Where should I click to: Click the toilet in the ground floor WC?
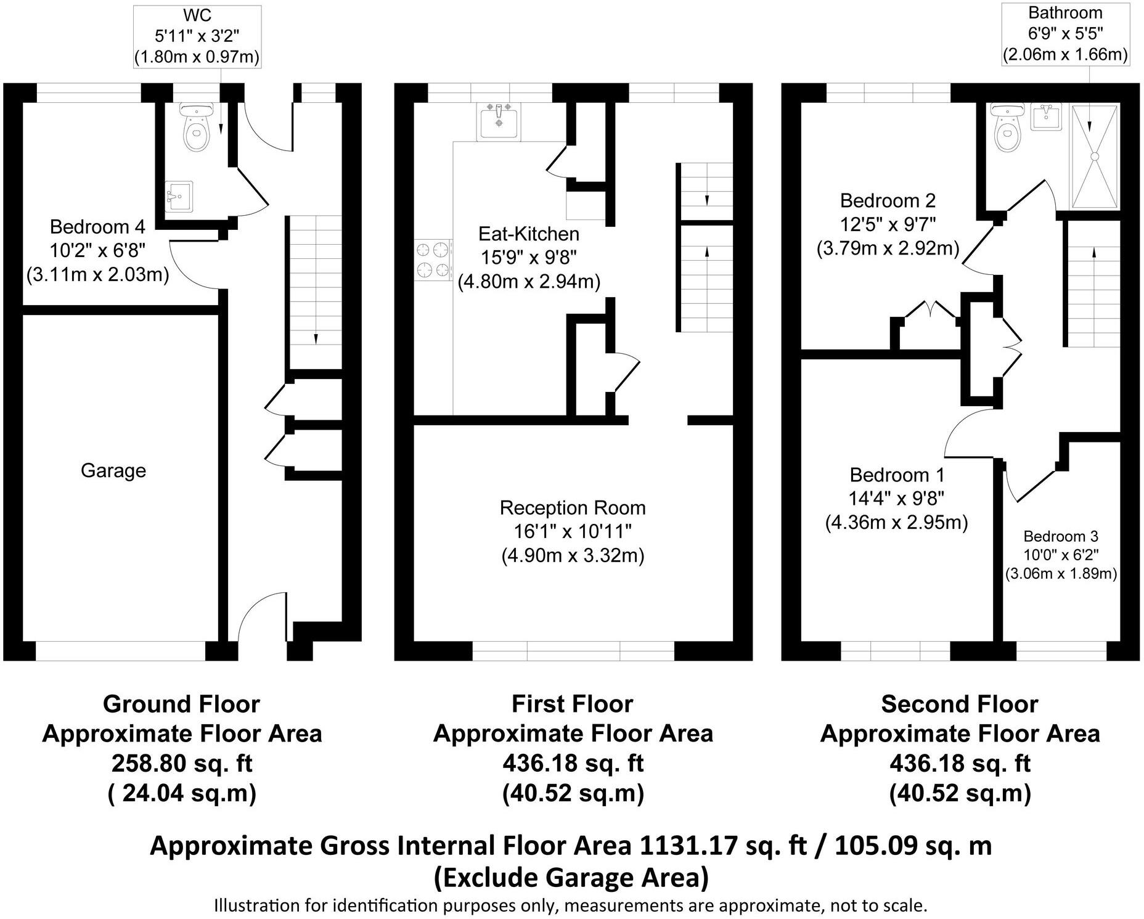pyautogui.click(x=196, y=127)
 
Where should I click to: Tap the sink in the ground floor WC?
pyautogui.click(x=179, y=197)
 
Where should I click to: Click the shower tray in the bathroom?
pyautogui.click(x=1095, y=157)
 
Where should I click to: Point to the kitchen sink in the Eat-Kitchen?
pyautogui.click(x=499, y=121)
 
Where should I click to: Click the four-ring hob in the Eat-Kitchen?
pyautogui.click(x=432, y=260)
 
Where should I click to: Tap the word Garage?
pyautogui.click(x=113, y=471)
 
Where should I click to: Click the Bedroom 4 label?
pyautogui.click(x=97, y=227)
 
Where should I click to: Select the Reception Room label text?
pyautogui.click(x=573, y=508)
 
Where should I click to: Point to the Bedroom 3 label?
pyautogui.click(x=1061, y=536)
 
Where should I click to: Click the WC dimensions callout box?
pyautogui.click(x=197, y=36)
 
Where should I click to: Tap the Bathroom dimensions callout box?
pyautogui.click(x=1065, y=34)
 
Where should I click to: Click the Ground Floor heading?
pyautogui.click(x=181, y=704)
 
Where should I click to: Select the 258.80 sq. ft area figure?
pyautogui.click(x=182, y=764)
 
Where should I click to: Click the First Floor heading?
pyautogui.click(x=573, y=704)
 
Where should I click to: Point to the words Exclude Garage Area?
pyautogui.click(x=571, y=877)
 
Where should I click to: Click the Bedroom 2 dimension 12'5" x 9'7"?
pyautogui.click(x=888, y=224)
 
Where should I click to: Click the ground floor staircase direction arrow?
pyautogui.click(x=316, y=338)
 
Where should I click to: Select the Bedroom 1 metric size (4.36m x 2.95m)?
pyautogui.click(x=897, y=523)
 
